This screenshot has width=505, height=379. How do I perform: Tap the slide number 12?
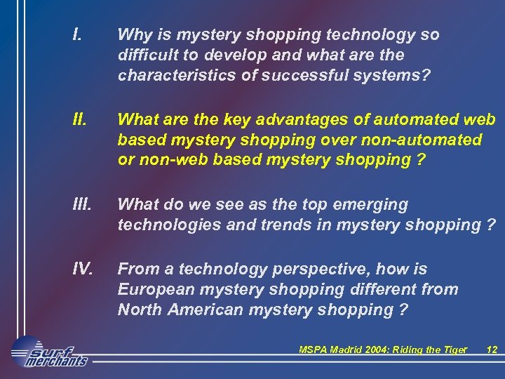[492, 350]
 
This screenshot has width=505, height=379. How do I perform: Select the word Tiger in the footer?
[454, 350]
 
